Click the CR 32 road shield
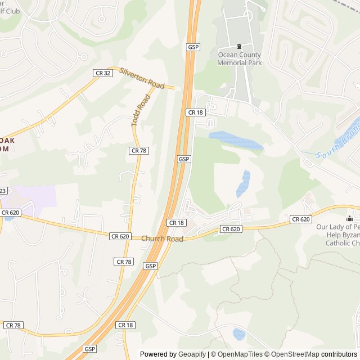pyautogui.click(x=101, y=73)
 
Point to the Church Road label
pyautogui.click(x=162, y=239)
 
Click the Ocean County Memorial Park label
pyautogui.click(x=240, y=58)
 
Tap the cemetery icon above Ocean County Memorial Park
pyautogui.click(x=240, y=46)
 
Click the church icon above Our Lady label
pyautogui.click(x=350, y=218)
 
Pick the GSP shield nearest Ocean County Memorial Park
pyautogui.click(x=193, y=47)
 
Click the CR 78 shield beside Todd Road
pyautogui.click(x=138, y=150)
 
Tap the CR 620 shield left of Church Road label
pyautogui.click(x=119, y=237)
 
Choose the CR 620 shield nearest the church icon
pyautogui.click(x=300, y=219)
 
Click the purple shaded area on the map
pyautogui.click(x=37, y=196)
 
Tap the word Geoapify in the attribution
pyautogui.click(x=192, y=354)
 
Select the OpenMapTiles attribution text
pyautogui.click(x=238, y=354)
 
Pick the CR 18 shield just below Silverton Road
pyautogui.click(x=196, y=112)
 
